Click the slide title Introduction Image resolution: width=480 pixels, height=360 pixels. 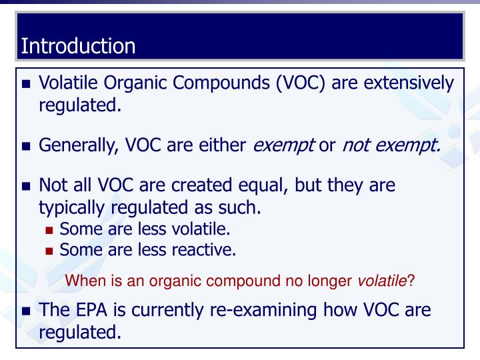pos(78,46)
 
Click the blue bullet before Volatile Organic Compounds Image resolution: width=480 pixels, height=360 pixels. pos(27,85)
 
